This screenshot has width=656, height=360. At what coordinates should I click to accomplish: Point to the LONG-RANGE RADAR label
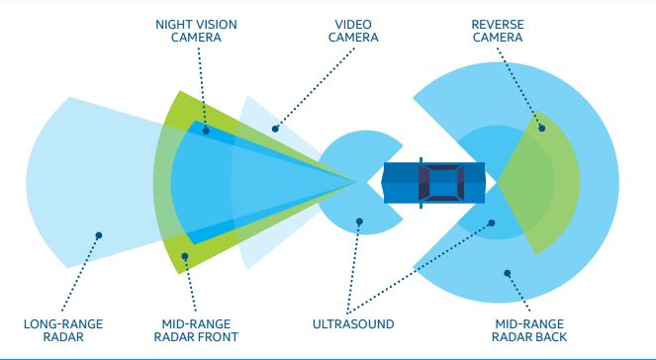pos(63,330)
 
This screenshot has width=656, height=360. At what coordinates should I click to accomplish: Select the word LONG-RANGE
pos(63,323)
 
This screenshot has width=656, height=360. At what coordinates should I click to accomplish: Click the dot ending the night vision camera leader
pos(205,129)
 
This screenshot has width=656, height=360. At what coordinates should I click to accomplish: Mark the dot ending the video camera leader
pos(276,127)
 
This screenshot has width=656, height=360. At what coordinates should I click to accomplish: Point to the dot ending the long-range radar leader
pos(98,235)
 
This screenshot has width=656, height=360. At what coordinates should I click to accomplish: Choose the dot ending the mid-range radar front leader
pos(185,258)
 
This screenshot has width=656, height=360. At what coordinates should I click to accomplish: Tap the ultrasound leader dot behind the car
pos(489,224)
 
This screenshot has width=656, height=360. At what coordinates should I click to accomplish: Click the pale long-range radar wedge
pos(79,178)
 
